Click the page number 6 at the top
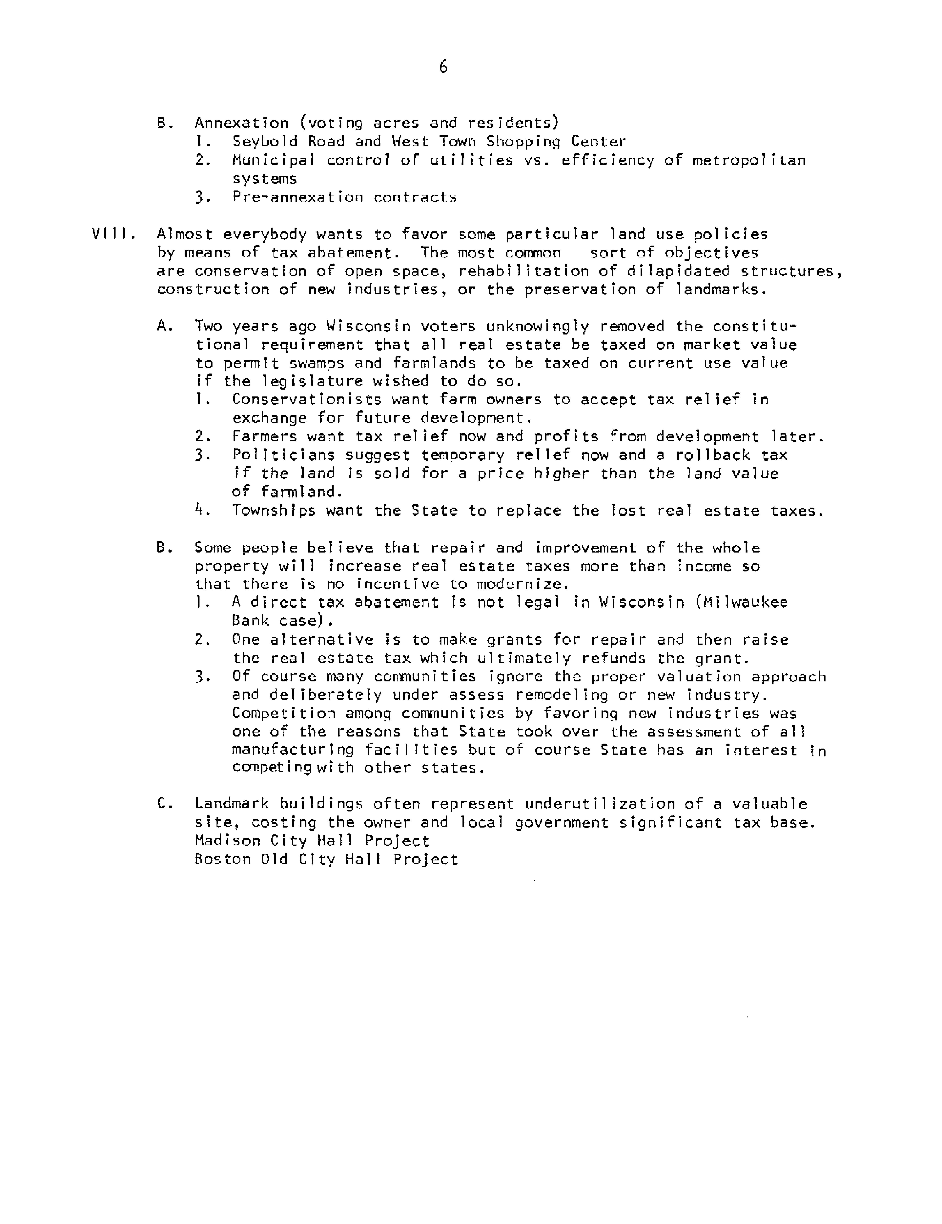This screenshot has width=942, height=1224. [x=443, y=67]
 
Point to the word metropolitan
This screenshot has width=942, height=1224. [x=749, y=160]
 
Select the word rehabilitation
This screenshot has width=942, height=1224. [x=523, y=271]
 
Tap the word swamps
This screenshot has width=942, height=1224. [x=312, y=363]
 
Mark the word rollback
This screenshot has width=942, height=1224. [x=713, y=455]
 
